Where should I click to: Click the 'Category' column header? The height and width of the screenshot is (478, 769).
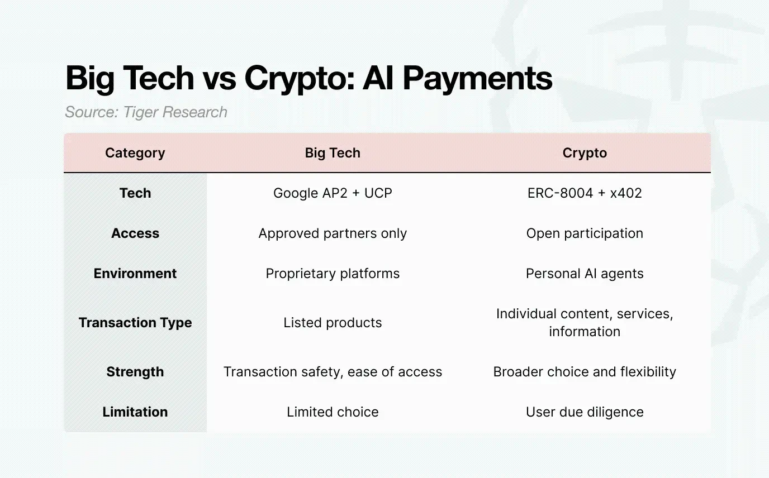pos(135,153)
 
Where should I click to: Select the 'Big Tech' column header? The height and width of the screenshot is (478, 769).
pos(333,153)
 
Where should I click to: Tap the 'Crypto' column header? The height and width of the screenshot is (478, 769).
pos(585,153)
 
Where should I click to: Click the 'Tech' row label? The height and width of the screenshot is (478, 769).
pos(135,193)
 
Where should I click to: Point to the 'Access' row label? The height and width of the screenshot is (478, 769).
pos(135,233)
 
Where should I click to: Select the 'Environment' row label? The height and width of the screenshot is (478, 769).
pos(135,274)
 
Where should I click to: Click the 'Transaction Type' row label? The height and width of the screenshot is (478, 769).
pos(135,323)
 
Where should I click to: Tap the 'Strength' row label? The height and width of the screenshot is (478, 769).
pos(135,372)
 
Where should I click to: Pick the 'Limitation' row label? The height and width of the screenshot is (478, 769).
pos(135,412)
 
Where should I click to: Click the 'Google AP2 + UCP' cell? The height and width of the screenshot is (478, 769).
pos(333,193)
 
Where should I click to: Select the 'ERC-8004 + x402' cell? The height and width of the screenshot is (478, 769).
pos(585,193)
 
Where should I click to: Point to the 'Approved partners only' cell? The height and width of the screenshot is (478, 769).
pos(333,233)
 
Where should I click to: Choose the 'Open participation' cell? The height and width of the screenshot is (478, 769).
pos(585,233)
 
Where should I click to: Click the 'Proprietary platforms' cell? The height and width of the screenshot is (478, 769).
pos(333,274)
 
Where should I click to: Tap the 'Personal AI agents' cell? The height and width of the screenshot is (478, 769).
pos(585,274)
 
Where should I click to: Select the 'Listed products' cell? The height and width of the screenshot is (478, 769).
pos(333,323)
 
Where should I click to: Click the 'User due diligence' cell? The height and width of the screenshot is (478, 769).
pos(585,412)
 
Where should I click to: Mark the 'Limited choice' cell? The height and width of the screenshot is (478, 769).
pos(333,412)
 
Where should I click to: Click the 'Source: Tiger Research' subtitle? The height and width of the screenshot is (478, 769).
pos(146,112)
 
